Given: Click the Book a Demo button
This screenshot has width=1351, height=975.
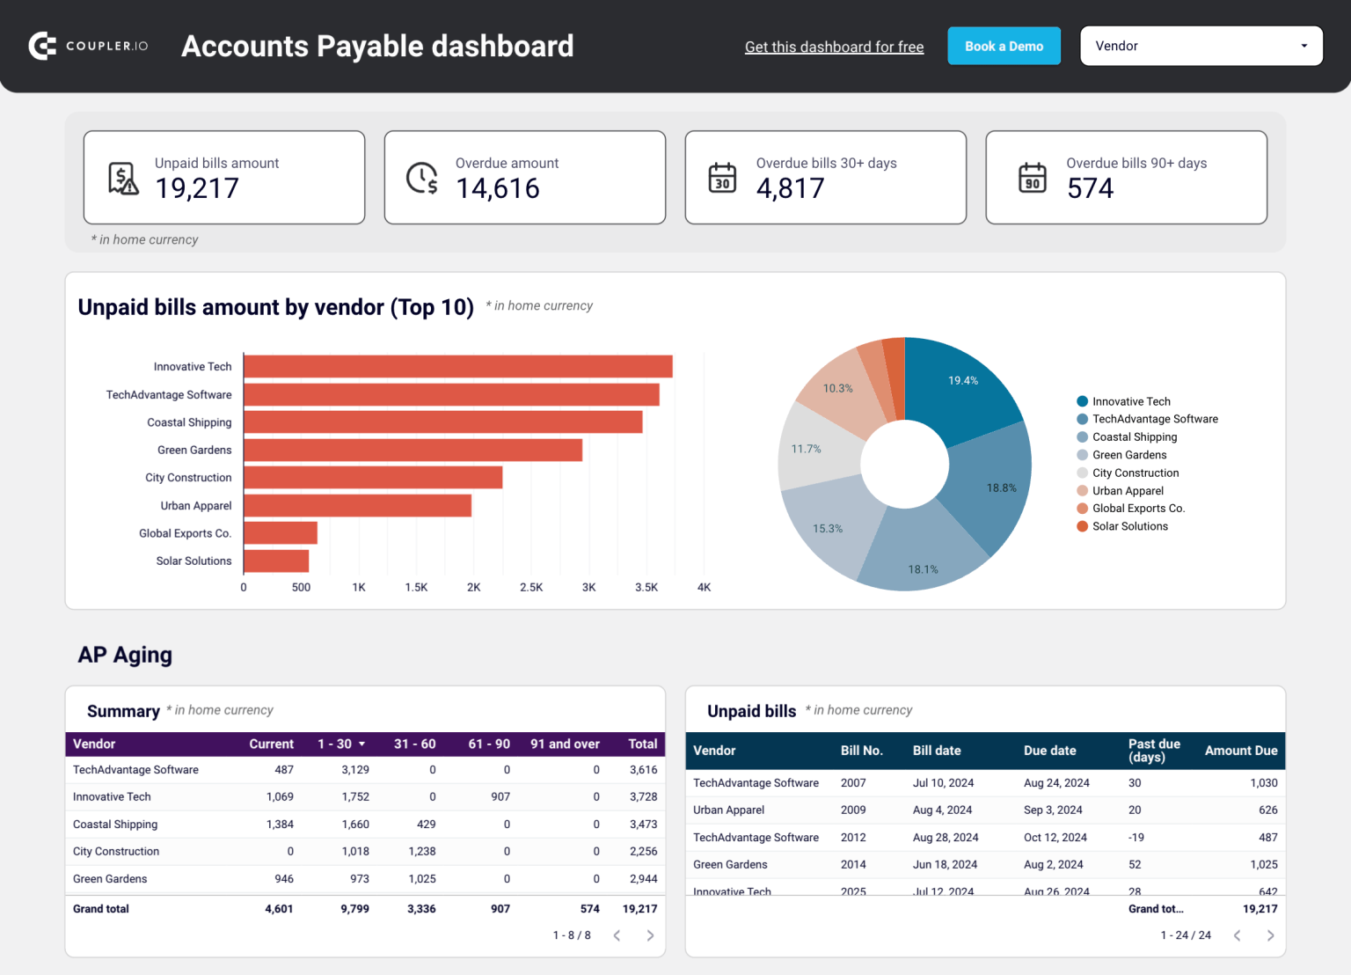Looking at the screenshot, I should pos(1004,47).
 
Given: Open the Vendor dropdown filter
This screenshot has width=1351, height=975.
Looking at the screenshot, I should pos(1201,47).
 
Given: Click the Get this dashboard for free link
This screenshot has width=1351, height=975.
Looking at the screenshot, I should pos(834,48).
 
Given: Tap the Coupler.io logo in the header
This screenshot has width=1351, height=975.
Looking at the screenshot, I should pos(88,46).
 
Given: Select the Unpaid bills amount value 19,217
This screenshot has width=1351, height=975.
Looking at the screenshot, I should pos(197,188).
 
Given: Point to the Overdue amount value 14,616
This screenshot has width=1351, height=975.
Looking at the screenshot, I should pos(498,188).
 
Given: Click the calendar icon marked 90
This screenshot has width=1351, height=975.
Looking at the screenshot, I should pos(1033,178).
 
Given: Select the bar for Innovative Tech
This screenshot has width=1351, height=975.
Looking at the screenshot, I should pos(457,367).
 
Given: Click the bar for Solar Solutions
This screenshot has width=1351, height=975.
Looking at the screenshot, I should pos(276,561).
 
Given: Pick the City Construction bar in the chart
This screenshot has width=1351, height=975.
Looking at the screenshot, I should pos(373,478).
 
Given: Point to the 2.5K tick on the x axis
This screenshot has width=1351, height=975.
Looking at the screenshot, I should pos(531,588).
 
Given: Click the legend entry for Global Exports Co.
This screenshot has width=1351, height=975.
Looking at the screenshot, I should pos(1138,509).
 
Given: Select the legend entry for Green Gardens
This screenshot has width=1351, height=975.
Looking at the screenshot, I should pos(1129,455).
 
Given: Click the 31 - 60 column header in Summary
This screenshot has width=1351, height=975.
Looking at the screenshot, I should pos(414,744).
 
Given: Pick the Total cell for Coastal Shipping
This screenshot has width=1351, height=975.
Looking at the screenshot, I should pos(643,825).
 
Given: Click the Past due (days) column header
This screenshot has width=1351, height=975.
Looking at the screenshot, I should pos(1154,751).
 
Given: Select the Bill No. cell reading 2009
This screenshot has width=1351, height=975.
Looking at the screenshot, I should pos(853,810).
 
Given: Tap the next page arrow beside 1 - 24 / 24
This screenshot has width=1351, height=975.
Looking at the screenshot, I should pos(1270,935).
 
